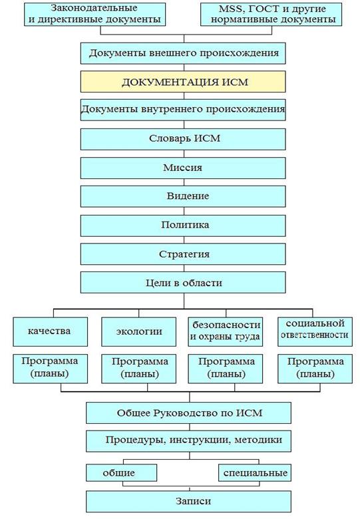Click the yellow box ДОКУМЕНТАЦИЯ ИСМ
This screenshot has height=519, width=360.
pos(183,81)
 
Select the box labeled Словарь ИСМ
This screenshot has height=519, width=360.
pos(183,138)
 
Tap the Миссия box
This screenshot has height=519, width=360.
pos(183,168)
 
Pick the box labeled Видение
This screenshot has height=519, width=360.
pos(183,196)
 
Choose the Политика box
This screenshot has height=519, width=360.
pos(183,226)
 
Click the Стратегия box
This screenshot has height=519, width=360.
pos(183,254)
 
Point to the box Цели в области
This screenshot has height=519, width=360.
pos(183,283)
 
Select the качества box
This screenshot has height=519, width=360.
pos(51,331)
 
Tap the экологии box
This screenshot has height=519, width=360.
pos(138,331)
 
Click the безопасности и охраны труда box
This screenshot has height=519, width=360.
pos(226,331)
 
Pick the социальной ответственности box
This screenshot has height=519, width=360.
pos(315,331)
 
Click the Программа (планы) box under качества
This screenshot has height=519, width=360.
pos(51,369)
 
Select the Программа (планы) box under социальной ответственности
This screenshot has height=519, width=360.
pos(315,369)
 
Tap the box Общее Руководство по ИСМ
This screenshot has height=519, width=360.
pos(188,413)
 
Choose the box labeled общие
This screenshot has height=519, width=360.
pos(121,472)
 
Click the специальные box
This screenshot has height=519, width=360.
pos(255,472)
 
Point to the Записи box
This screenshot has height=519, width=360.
pos(188,502)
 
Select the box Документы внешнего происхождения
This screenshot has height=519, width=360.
pos(183,53)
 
